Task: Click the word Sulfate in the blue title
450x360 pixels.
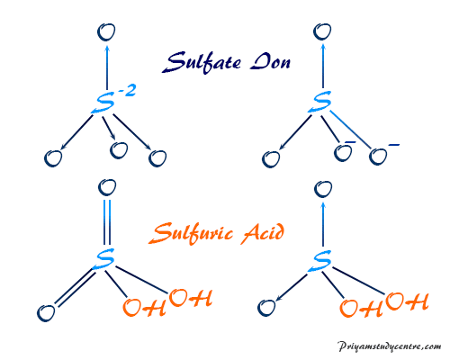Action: pos(202,62)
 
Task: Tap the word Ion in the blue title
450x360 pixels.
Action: pos(271,61)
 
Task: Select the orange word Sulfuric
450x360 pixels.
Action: pos(191,233)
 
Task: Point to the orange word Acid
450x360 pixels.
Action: pos(263,233)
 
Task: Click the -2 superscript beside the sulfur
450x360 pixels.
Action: pos(127,90)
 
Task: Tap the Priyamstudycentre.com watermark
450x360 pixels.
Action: pos(390,346)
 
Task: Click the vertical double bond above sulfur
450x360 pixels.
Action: pos(107,222)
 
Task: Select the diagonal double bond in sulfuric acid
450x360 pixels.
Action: pos(76,288)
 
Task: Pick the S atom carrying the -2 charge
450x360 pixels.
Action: pos(103,103)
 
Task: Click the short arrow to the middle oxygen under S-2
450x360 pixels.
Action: pos(109,128)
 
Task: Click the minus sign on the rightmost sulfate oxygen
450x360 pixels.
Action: pos(394,145)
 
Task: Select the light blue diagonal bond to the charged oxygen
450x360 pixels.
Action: pos(350,130)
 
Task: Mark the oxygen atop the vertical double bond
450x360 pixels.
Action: pos(107,187)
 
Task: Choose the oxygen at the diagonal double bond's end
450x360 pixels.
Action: pos(46,313)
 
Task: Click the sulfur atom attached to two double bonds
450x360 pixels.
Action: pos(105,259)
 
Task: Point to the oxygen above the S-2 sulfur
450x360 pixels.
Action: pos(106,32)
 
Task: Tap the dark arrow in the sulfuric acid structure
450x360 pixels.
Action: pos(292,287)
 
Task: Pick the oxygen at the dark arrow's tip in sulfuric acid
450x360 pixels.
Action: pos(266,308)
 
